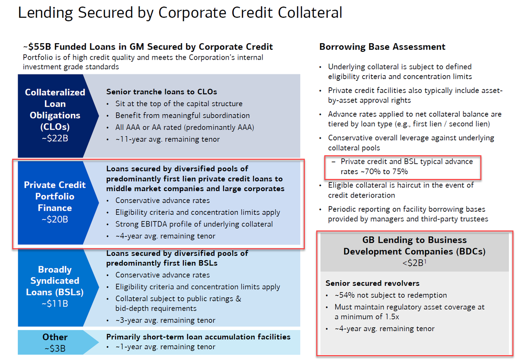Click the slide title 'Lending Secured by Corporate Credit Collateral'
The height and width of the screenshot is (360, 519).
[180, 13]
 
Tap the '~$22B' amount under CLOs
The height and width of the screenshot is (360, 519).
[54, 139]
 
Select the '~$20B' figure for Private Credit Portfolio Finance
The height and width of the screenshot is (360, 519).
[54, 220]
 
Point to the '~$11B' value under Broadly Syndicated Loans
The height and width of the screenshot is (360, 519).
[54, 304]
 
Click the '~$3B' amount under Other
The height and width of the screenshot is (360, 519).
[54, 348]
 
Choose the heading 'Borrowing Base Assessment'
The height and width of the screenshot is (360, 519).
[382, 47]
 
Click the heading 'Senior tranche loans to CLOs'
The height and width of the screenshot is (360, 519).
[162, 92]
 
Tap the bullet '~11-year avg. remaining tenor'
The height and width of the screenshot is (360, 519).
[167, 139]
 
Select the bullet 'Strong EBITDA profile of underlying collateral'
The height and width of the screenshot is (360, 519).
[194, 224]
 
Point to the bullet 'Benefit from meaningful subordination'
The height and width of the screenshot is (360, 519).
[183, 115]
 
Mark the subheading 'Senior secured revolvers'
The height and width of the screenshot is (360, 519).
[372, 284]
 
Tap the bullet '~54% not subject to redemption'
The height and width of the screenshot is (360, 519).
[391, 295]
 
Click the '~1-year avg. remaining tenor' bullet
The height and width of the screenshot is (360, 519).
[165, 347]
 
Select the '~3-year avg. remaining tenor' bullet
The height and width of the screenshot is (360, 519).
[165, 320]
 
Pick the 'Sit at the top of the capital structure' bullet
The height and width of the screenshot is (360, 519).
[179, 104]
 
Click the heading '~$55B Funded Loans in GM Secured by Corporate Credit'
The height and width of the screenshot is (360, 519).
[148, 47]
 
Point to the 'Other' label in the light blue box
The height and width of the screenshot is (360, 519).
[54, 337]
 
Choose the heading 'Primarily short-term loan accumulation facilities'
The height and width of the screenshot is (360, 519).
[198, 337]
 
